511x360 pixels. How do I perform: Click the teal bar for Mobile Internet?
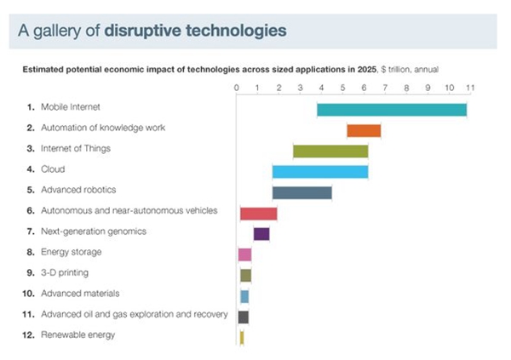pos(392,110)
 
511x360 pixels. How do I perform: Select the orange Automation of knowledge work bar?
pos(363,130)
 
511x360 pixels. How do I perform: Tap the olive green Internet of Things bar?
pos(330,151)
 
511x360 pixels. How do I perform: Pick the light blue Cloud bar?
pos(320,172)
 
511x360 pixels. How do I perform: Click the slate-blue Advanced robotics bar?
pos(301,192)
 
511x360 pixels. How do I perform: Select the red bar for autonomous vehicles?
pos(258,214)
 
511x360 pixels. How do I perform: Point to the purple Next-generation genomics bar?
pos(261,234)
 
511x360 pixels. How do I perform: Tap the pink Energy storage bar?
pos(244,254)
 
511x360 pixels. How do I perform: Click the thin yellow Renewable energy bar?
pos(242,337)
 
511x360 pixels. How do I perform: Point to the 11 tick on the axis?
pos(468,88)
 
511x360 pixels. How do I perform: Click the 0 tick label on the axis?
pos(237,88)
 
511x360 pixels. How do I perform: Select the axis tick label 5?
pos(342,88)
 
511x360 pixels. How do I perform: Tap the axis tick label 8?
pos(406,88)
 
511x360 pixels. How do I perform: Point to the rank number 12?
pos(31,335)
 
